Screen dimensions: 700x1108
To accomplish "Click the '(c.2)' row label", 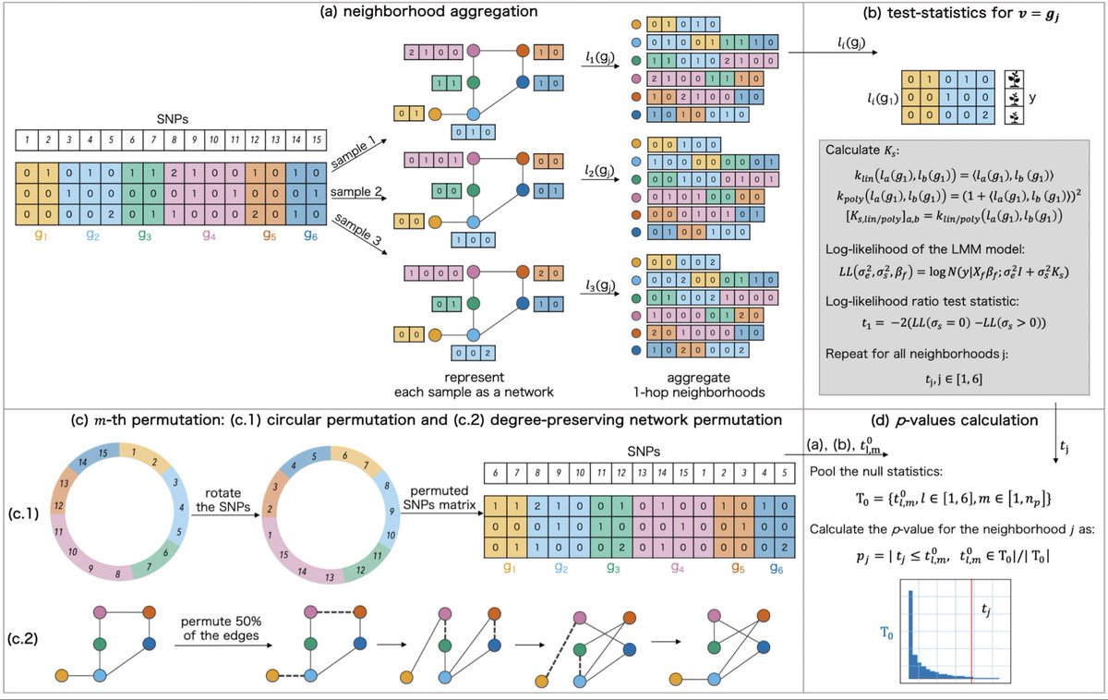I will coord(28,637).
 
